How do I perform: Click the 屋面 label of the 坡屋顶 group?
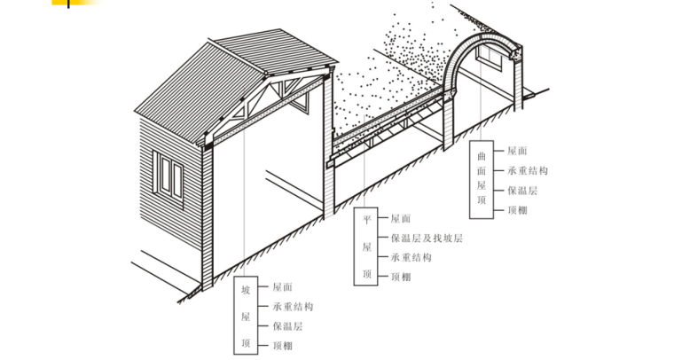tap(283, 287)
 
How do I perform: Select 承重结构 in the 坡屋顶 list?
tap(292, 307)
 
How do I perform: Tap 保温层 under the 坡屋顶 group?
tap(287, 326)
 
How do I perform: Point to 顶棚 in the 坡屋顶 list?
tap(283, 345)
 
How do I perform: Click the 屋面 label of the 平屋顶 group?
tap(400, 218)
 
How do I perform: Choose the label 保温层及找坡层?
tap(427, 238)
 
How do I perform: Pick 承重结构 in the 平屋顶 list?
tap(410, 257)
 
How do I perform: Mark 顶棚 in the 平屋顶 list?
tap(400, 277)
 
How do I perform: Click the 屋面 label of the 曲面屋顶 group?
tap(516, 152)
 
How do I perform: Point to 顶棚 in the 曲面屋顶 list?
tap(516, 210)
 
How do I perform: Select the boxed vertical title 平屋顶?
tap(367, 247)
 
